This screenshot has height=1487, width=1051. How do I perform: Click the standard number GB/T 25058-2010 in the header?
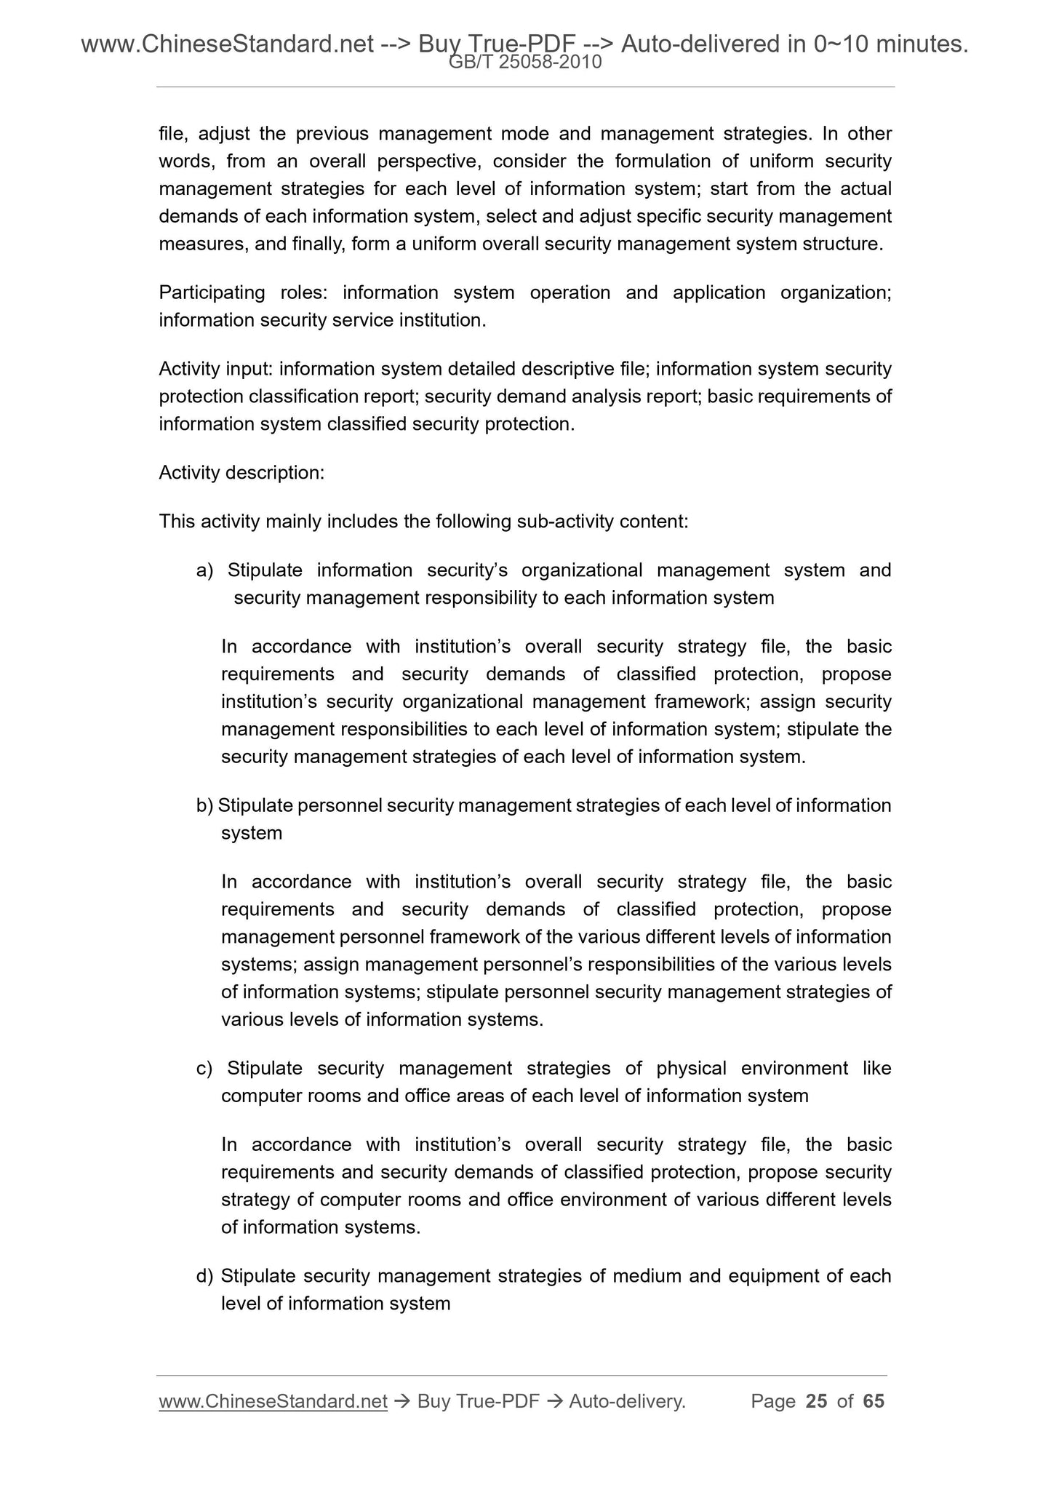525,63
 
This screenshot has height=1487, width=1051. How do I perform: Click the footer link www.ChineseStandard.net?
273,1401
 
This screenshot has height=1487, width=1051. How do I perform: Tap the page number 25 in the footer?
817,1401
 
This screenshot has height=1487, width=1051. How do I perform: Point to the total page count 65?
874,1401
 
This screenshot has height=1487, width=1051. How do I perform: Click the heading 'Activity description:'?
241,473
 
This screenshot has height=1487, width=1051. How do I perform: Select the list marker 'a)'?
204,570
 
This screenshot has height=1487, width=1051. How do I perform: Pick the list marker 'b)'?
204,806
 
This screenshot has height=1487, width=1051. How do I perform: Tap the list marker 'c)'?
204,1069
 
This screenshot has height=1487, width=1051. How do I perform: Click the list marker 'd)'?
204,1276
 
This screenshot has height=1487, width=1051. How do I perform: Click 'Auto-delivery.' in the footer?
627,1401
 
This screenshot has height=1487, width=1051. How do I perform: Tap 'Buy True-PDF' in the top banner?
492,45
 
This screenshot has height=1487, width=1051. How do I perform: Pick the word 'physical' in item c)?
691,1069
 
